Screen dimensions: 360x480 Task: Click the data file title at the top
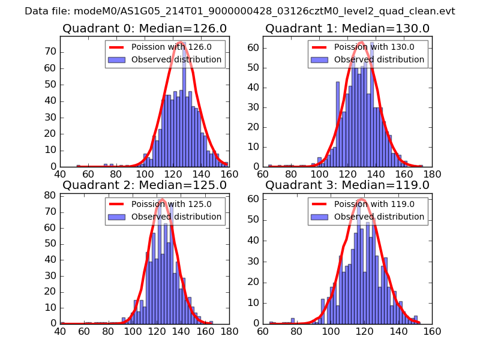point(240,11)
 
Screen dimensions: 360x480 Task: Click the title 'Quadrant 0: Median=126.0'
point(144,29)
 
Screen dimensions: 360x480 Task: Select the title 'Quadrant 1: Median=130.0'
point(347,29)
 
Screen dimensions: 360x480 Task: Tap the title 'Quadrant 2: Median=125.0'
point(144,185)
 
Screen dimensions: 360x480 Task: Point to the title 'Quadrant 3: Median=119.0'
point(347,185)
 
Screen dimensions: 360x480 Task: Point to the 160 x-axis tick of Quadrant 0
point(228,174)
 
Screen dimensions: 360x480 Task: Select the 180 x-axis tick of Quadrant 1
point(431,174)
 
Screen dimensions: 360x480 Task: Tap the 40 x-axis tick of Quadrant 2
point(61,331)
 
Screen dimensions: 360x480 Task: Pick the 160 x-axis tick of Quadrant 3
point(431,331)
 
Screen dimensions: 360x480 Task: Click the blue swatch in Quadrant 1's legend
point(319,60)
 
